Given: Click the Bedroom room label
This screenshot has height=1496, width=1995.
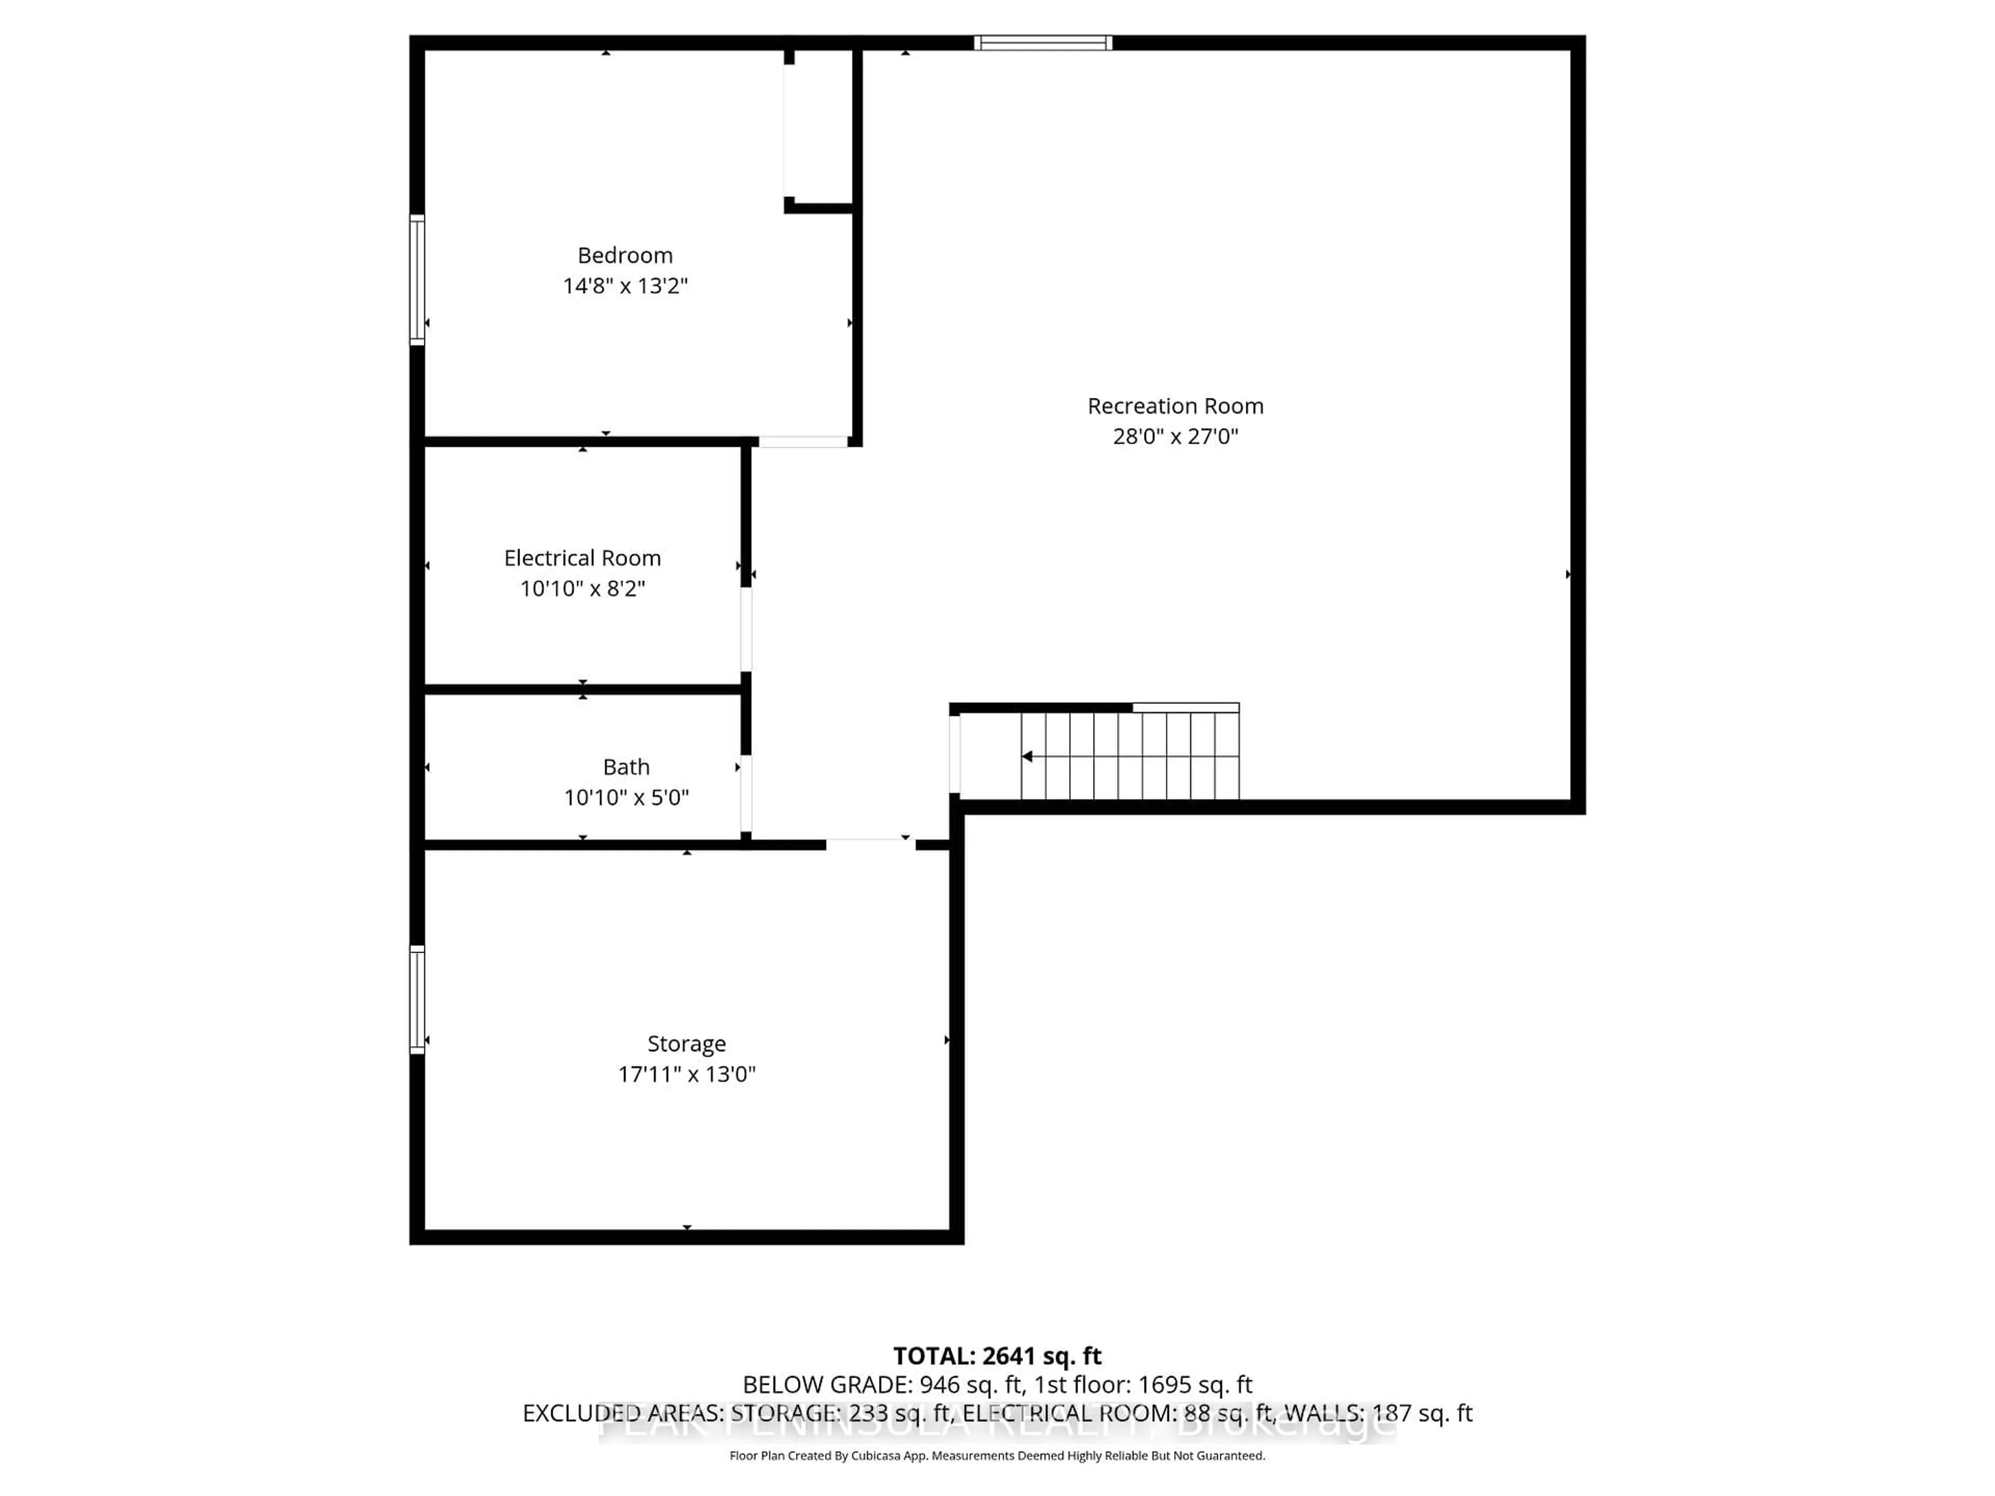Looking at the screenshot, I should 625,255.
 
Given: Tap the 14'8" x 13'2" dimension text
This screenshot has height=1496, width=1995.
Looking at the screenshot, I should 625,286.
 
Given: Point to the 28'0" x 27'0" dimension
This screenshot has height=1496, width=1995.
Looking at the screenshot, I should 1175,436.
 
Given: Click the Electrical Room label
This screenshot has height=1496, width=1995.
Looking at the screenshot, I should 582,558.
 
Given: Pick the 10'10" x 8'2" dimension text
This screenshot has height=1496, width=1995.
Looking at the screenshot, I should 582,589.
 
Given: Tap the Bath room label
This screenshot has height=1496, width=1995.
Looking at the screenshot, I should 626,767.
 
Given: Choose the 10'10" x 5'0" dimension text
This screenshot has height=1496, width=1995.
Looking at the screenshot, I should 626,797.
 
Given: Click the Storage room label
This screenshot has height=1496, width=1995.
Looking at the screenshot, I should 686,1044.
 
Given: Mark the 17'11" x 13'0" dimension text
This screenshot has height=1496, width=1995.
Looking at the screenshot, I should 686,1074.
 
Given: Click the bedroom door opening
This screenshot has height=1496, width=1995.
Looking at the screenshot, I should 803,442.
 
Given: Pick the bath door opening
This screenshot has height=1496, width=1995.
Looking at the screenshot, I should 746,794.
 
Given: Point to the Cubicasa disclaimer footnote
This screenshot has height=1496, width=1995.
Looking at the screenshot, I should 996,1455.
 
